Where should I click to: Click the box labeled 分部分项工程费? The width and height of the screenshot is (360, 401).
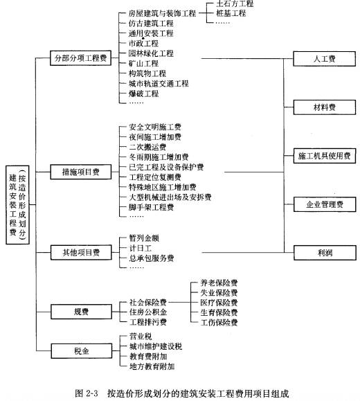(80, 58)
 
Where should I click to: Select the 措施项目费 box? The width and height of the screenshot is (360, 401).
(81, 172)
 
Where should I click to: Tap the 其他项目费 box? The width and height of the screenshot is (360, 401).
(81, 252)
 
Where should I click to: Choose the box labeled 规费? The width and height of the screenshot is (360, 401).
(81, 312)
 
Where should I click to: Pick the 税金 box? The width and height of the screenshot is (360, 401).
(82, 351)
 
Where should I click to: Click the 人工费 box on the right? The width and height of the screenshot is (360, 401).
(324, 59)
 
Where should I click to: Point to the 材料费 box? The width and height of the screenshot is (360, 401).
(325, 107)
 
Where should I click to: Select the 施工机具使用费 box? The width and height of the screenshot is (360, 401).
(325, 156)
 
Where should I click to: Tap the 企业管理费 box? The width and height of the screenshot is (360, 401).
(325, 204)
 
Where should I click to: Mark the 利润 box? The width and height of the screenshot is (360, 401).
(325, 253)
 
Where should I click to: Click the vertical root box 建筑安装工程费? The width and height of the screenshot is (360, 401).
(17, 205)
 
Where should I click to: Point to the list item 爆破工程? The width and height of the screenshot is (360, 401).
(144, 93)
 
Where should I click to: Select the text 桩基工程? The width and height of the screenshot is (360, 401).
(231, 13)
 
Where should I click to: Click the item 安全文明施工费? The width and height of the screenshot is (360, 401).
(155, 127)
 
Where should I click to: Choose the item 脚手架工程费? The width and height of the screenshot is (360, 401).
(152, 207)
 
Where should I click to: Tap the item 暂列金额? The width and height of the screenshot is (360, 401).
(144, 238)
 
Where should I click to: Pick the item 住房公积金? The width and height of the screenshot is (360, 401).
(148, 312)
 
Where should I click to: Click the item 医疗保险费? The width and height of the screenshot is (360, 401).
(219, 303)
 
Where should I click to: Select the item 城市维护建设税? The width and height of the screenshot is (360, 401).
(156, 346)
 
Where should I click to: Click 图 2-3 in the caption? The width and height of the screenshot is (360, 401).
(87, 393)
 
